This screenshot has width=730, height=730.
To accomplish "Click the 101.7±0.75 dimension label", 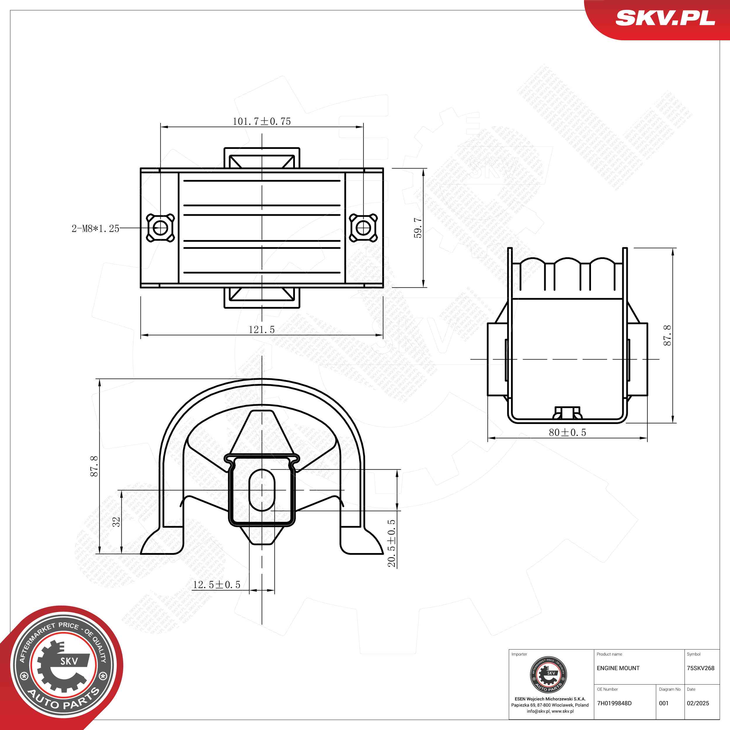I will (261, 121).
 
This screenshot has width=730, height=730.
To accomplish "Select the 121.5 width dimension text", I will (261, 329).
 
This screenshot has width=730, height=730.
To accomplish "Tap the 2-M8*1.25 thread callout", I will (95, 228).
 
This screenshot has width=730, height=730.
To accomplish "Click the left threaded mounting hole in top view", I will (160, 228).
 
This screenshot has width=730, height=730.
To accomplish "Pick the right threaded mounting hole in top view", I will (363, 228).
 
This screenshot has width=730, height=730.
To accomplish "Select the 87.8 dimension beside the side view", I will (667, 335).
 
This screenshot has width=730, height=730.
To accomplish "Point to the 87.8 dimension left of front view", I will (94, 466).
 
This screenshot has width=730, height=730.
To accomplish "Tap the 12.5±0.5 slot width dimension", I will (216, 585).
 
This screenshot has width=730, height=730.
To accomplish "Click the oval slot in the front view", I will (261, 490).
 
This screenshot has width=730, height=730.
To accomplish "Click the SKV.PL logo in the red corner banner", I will (665, 18).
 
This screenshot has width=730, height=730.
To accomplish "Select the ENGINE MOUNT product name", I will (618, 668).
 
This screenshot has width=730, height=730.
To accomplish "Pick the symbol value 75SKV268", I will (701, 668).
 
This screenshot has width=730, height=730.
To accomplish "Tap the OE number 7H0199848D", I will (614, 703).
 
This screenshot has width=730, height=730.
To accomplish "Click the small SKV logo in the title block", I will (549, 675).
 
